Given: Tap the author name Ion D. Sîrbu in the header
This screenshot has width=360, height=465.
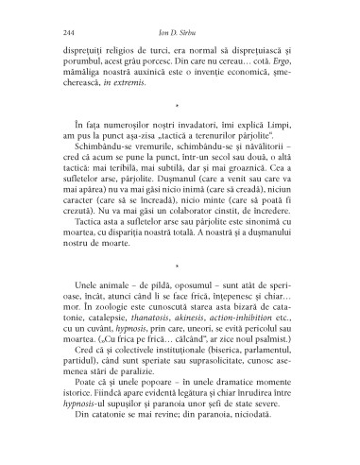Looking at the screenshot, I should click(x=180, y=35).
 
